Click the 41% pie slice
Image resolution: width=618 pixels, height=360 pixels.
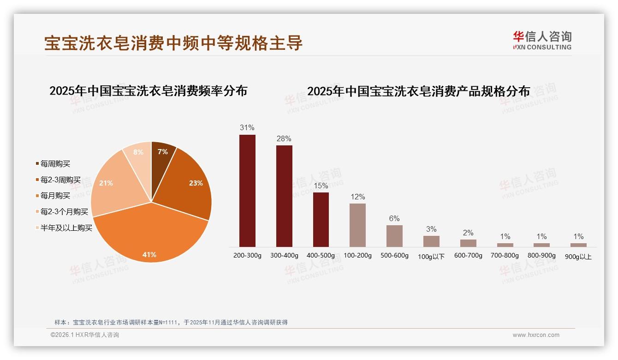click(x=150, y=235)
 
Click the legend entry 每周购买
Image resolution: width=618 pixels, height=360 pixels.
click(x=55, y=164)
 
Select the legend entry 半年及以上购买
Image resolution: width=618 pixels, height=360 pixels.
click(x=66, y=228)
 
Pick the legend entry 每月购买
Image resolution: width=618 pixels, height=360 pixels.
click(x=55, y=196)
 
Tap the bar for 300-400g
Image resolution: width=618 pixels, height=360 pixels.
click(x=284, y=196)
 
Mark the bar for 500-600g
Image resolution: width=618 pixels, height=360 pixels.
click(x=394, y=236)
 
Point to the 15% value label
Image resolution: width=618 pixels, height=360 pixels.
click(x=321, y=186)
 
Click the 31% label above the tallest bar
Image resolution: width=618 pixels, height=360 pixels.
click(x=247, y=128)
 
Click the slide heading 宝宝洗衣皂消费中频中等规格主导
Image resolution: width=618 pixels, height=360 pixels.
click(x=173, y=43)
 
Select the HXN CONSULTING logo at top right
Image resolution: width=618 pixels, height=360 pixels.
click(x=542, y=41)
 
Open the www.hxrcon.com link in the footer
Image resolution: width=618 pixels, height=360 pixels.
click(x=536, y=335)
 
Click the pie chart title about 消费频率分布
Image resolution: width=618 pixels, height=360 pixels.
click(x=148, y=90)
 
